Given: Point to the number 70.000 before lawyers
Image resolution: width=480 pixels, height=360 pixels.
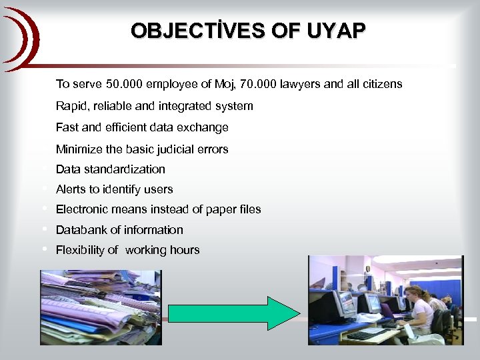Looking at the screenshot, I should tap(257, 84).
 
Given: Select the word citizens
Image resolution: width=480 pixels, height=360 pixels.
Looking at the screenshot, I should tap(379, 84).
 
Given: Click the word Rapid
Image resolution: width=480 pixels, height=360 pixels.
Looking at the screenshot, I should tap(71, 106).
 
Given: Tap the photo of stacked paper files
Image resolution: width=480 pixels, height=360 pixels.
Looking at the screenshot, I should tap(101, 307).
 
